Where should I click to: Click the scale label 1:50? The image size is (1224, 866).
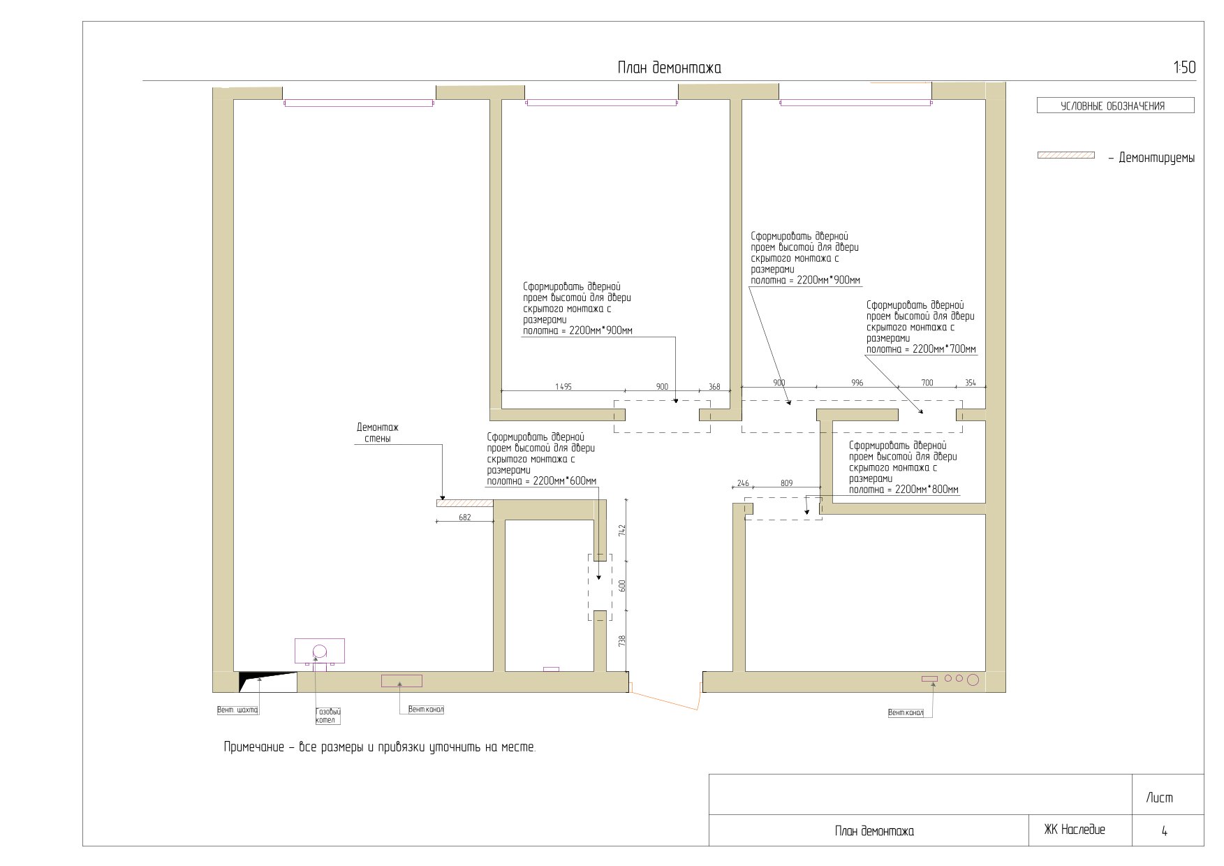pyautogui.click(x=1184, y=68)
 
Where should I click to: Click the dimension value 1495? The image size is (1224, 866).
pyautogui.click(x=563, y=386)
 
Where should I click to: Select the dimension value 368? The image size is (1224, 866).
pyautogui.click(x=714, y=386)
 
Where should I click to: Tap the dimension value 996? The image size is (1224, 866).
pyautogui.click(x=857, y=383)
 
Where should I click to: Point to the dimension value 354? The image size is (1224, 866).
pyautogui.click(x=971, y=383)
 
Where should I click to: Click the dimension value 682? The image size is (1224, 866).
pyautogui.click(x=465, y=518)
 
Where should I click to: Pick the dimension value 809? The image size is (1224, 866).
pyautogui.click(x=786, y=483)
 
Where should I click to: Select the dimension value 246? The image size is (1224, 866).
pyautogui.click(x=743, y=483)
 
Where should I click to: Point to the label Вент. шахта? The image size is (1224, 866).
pyautogui.click(x=237, y=710)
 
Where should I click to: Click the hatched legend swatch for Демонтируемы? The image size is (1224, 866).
pyautogui.click(x=1066, y=155)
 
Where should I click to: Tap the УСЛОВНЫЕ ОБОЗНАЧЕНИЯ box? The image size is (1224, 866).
pyautogui.click(x=1115, y=106)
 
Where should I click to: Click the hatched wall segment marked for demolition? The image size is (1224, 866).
pyautogui.click(x=465, y=503)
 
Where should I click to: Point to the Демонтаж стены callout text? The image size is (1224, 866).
pyautogui.click(x=378, y=433)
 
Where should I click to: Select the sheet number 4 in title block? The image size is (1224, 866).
pyautogui.click(x=1164, y=831)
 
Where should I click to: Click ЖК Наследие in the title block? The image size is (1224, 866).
pyautogui.click(x=1075, y=830)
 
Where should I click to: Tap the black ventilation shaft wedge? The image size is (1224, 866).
pyautogui.click(x=262, y=680)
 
